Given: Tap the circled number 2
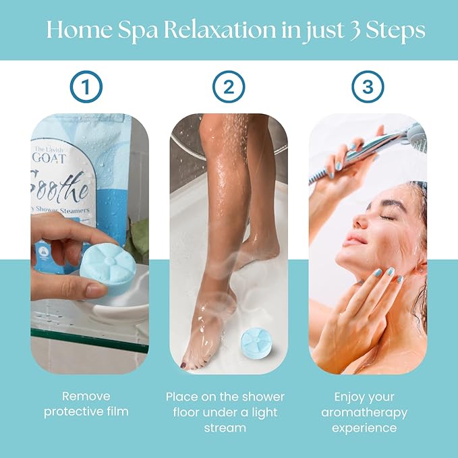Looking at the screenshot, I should (x=229, y=88).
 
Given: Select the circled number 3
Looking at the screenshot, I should (x=368, y=88).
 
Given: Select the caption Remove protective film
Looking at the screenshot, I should (x=86, y=403).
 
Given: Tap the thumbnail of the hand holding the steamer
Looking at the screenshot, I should (x=94, y=290).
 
